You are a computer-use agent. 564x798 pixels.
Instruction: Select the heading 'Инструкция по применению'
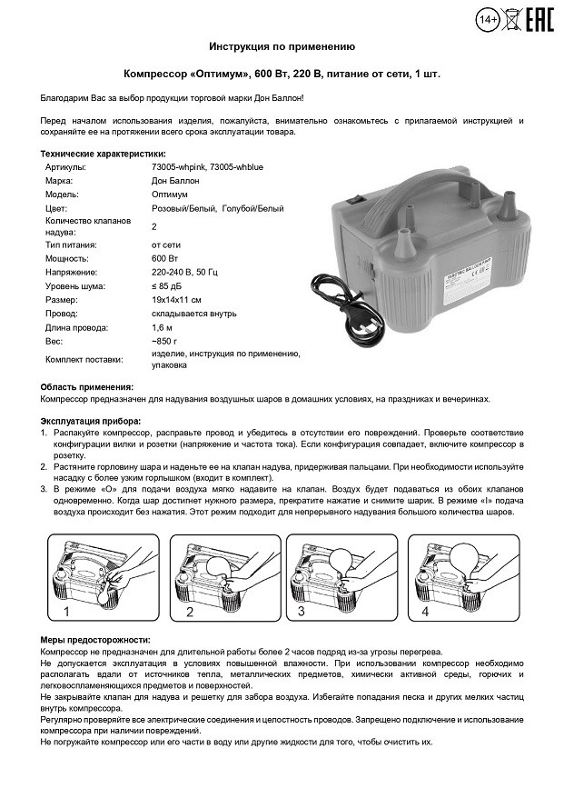tap(282, 45)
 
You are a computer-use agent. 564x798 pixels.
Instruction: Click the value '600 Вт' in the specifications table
tap(164, 259)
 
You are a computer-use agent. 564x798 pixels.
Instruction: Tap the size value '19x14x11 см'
tap(177, 299)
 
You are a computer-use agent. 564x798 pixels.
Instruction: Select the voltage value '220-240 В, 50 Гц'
tap(186, 272)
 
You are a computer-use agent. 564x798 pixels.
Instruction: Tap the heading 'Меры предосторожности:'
tap(96, 641)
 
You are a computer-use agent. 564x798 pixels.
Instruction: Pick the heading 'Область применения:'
tap(87, 386)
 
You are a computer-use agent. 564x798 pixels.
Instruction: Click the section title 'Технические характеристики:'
tap(104, 155)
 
